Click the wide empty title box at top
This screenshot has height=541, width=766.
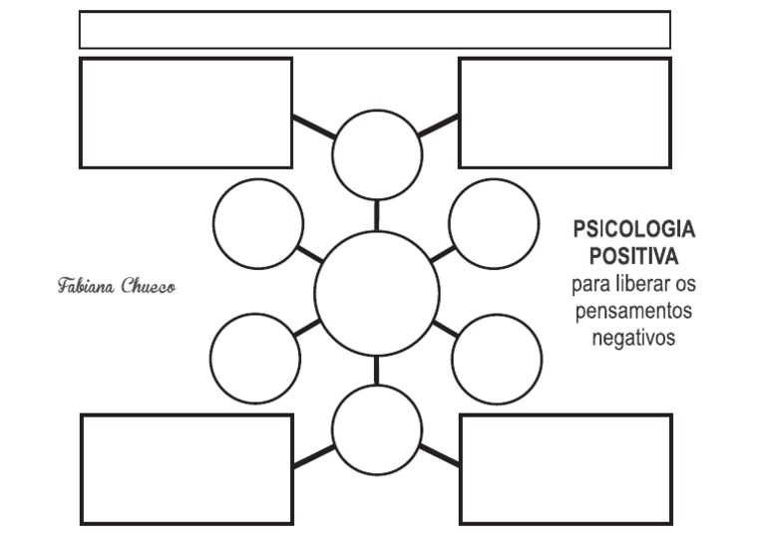pos(375,12)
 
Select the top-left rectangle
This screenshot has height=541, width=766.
pos(186,59)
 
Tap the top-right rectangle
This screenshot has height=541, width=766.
pos(566,59)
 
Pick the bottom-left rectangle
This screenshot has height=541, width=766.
pos(187,415)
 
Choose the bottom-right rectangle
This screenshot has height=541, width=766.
pos(567,415)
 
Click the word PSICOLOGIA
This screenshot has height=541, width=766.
pos(634,229)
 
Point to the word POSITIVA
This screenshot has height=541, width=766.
pos(634,256)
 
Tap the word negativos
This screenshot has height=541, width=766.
pos(633,338)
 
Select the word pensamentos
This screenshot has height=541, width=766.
pos(633,311)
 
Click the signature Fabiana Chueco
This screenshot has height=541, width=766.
pos(117,286)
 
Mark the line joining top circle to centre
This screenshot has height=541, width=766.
pos(377,215)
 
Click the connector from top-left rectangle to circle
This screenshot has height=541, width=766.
pos(314,127)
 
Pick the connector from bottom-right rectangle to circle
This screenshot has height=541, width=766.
pos(439,454)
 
